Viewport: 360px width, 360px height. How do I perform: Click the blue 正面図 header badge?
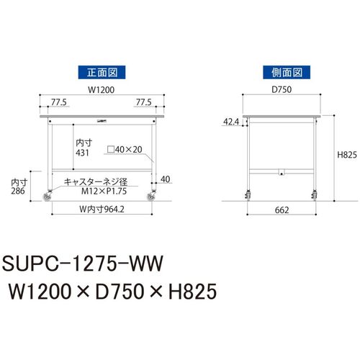coord(102,72)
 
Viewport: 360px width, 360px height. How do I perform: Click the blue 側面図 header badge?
coord(287,72)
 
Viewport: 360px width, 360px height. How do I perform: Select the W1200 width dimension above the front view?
coord(102,90)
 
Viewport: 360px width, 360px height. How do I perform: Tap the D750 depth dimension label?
coord(282,89)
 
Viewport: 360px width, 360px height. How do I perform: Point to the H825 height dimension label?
coord(347,155)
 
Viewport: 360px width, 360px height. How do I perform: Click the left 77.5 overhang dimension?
coord(59,102)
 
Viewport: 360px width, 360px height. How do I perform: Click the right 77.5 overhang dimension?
coord(143,102)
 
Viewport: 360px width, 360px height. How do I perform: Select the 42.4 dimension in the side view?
coord(231,122)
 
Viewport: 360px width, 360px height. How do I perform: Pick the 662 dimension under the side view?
coord(282,210)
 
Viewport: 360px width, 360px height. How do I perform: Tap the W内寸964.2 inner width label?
coord(102,210)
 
